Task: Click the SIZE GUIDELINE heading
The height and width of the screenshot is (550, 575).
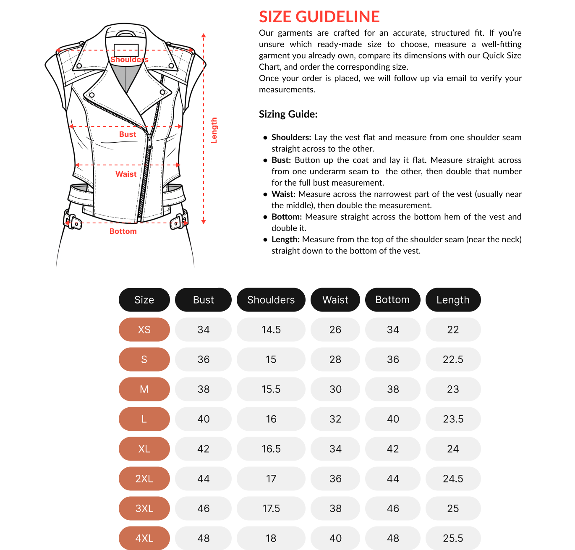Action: tap(319, 17)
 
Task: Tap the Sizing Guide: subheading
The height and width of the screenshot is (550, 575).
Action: tap(288, 114)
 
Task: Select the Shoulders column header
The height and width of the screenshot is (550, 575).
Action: tap(271, 300)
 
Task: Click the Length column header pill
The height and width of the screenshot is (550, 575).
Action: tap(453, 300)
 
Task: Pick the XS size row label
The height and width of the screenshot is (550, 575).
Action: tap(144, 330)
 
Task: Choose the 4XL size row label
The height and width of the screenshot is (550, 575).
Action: tap(144, 538)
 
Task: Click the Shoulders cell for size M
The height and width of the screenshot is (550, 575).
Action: tap(271, 389)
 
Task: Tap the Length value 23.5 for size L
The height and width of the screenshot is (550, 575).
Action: tap(453, 419)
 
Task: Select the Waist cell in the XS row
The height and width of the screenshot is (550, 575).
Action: tap(335, 330)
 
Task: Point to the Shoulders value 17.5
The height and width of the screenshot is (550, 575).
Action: tap(271, 508)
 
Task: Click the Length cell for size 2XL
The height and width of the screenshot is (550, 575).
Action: tap(453, 479)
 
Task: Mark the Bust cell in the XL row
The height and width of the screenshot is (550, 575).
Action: tap(203, 449)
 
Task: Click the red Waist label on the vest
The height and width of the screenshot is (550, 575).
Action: tap(126, 174)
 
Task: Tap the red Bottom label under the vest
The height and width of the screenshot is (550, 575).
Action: tap(123, 231)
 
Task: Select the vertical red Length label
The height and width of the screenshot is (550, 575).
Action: tap(214, 131)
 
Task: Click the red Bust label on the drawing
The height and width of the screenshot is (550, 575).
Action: tap(128, 134)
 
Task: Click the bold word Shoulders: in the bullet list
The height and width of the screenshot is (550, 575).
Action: tap(291, 137)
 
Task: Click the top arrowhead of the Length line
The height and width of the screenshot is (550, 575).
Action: tap(204, 36)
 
